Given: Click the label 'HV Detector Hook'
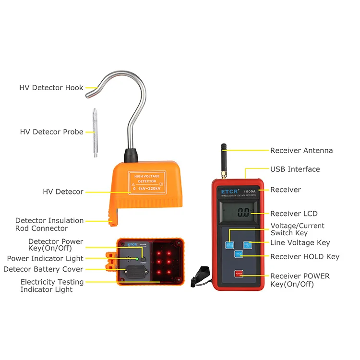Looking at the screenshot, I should [51, 88].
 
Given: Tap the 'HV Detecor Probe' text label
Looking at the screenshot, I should [52, 132].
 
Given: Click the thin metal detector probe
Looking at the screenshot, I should [95, 133].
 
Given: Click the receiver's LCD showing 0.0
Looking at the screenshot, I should [243, 213].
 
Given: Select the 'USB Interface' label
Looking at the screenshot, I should [295, 169].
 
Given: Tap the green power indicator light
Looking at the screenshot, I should [137, 259].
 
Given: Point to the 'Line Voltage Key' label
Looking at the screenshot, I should [300, 243].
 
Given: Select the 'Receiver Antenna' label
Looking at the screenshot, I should [301, 150].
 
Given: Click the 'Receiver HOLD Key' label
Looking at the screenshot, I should [305, 257].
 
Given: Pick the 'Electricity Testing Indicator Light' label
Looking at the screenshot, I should [52, 286].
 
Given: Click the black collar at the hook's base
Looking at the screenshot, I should [131, 155].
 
